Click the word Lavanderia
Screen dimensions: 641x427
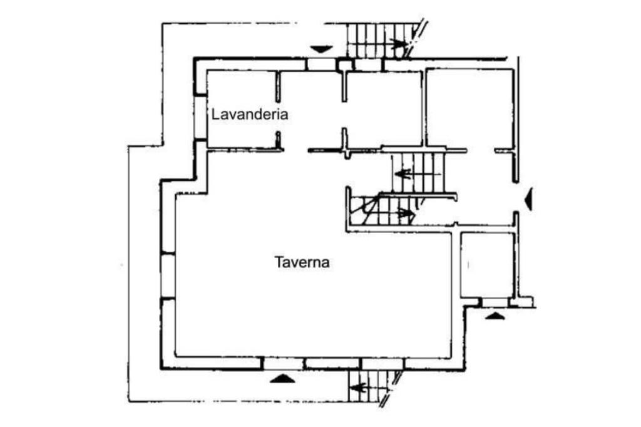249,114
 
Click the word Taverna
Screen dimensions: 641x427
302,262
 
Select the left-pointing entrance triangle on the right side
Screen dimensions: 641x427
529,198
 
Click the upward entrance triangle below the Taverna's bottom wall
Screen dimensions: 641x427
282,379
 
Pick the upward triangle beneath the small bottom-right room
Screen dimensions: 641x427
495,316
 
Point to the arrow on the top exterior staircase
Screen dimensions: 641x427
399,44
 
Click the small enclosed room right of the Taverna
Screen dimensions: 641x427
487,265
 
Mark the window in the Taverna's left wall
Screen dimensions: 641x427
168,275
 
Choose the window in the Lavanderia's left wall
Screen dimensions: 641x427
200,118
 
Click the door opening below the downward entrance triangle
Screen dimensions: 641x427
321,64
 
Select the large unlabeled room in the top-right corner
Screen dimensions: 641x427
469,108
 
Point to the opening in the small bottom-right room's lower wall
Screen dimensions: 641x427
495,302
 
